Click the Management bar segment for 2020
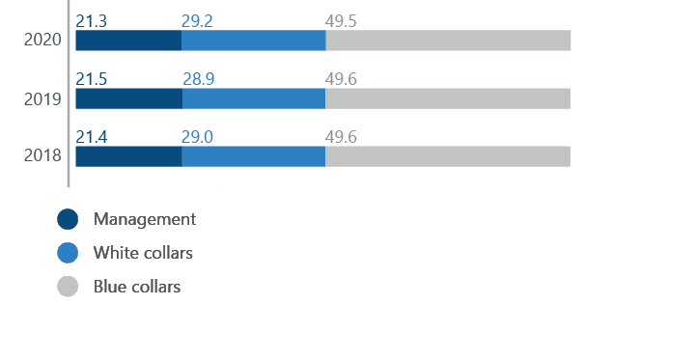coord(127,41)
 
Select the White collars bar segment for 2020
coord(253,41)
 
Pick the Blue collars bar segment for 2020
coord(448,41)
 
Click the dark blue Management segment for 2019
coord(128,98)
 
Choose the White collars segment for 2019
coord(254,98)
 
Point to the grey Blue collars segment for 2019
coord(448,98)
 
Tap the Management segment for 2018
coord(128,156)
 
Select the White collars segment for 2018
coord(254,156)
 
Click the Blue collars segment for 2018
coord(448,156)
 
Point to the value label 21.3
coord(92,20)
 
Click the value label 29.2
coord(197,20)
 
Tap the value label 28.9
coord(198,78)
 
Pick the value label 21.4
coord(92,136)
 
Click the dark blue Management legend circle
coord(68,219)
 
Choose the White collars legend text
coord(143,253)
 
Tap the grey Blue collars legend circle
coord(68,287)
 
